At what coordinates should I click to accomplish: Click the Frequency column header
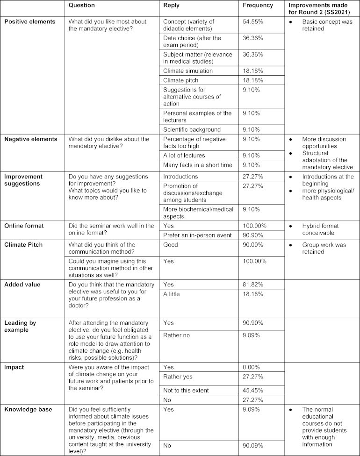(x=258, y=6)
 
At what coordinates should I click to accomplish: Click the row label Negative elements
(x=30, y=139)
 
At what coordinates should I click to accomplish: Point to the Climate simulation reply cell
(x=188, y=71)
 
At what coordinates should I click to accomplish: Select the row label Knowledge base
(x=28, y=409)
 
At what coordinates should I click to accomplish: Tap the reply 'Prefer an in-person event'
(x=197, y=235)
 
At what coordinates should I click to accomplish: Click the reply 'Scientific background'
(x=192, y=129)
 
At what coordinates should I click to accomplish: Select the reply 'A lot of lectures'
(x=183, y=155)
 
